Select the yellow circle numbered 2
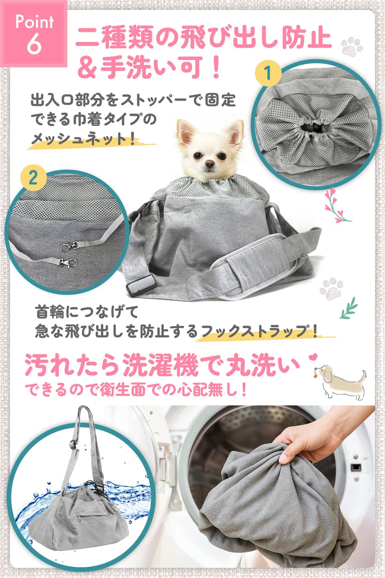[x=33, y=178]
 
